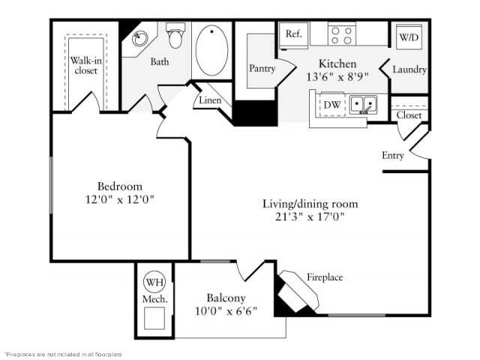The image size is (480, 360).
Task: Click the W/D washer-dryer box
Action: point(408,37)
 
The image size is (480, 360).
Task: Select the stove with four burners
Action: point(342,35)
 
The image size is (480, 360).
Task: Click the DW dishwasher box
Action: point(331,105)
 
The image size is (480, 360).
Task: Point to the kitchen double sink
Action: point(364,104)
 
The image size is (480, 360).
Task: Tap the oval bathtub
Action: point(212,49)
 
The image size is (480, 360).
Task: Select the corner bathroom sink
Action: point(139,39)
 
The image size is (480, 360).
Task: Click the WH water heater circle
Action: point(154,283)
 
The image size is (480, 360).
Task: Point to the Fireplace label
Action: point(325,277)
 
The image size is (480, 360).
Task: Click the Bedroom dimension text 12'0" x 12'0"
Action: point(120,199)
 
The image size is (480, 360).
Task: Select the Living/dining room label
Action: point(310,204)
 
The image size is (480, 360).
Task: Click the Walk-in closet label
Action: point(85,65)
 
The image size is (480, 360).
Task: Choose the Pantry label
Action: point(262,68)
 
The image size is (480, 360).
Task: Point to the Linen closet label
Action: point(210,100)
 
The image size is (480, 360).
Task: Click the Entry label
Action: point(393,156)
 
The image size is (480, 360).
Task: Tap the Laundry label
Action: point(410,70)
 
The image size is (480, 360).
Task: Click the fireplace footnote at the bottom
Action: point(63,353)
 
